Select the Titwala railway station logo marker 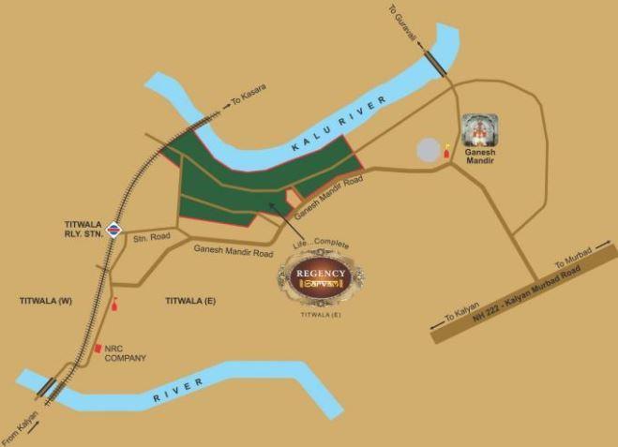click(113, 228)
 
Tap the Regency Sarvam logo click(322, 277)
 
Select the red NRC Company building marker click(97, 349)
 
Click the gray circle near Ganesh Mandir click(428, 150)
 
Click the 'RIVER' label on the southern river click(178, 397)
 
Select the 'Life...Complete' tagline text click(321, 245)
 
